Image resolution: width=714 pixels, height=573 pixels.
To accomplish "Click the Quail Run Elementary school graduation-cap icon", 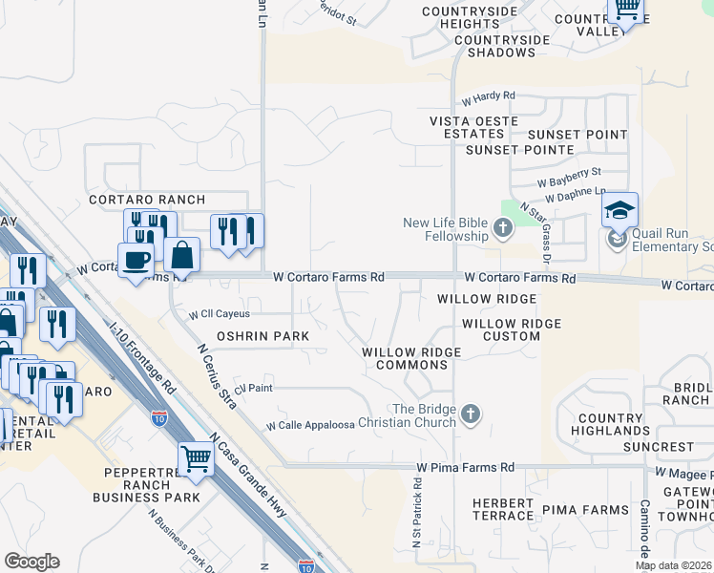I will [x=619, y=210].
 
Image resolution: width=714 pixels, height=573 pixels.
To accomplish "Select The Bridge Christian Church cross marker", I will [x=470, y=414].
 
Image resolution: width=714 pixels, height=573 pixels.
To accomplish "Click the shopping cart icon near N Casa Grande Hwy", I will [x=196, y=458].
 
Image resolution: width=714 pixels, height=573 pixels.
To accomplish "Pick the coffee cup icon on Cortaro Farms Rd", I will [x=136, y=260].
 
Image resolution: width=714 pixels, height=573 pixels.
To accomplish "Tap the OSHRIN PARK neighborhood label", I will [x=262, y=336].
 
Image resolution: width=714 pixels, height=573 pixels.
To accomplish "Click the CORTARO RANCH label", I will [x=147, y=200].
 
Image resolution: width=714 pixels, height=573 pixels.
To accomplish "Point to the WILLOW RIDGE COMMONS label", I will [x=411, y=359].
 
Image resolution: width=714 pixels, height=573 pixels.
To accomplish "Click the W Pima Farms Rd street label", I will [x=465, y=468].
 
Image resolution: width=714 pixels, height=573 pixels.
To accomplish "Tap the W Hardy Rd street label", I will [x=488, y=97].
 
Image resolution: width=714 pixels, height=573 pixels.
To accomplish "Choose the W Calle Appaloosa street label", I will [x=310, y=425].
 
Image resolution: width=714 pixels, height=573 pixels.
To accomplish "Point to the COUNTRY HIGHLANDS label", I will [x=610, y=425].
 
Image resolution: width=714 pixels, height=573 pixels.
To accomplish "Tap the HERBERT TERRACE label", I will [x=503, y=509].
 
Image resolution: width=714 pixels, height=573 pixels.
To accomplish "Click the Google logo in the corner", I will [x=31, y=562].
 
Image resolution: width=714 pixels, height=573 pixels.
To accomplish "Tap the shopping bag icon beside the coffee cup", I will [x=181, y=255].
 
